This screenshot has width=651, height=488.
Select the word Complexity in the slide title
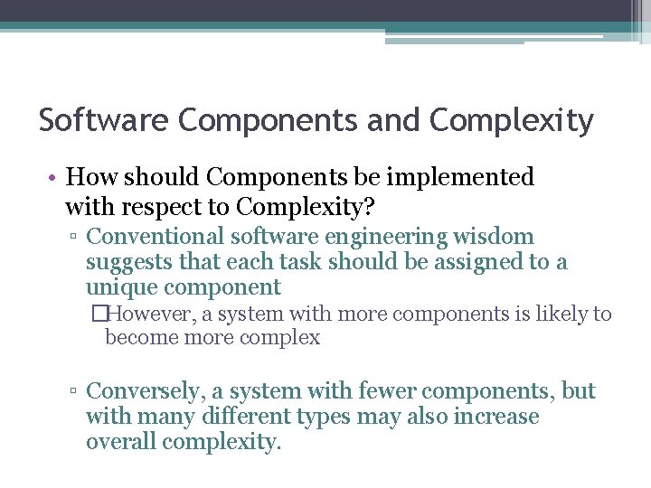(x=512, y=120)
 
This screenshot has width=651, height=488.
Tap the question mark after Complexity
(x=369, y=207)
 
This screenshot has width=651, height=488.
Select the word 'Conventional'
(x=156, y=237)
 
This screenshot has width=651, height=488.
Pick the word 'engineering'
(x=397, y=237)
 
